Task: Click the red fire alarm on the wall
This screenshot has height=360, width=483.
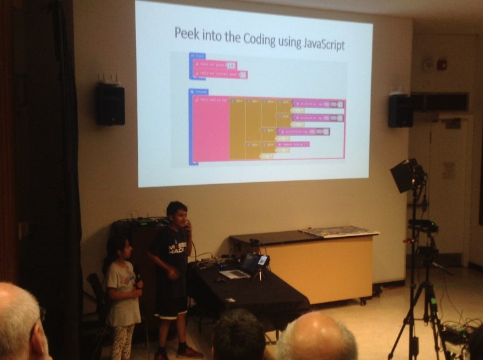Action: click(x=443, y=65)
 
